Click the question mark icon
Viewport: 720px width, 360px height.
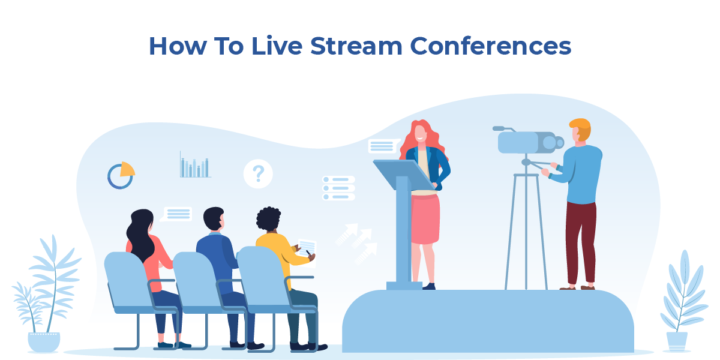point(258,174)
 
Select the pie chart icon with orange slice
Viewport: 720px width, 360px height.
point(121,176)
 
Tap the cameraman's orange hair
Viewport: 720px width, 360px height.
point(581,128)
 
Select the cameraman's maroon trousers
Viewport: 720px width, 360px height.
point(581,240)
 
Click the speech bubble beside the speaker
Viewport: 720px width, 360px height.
point(383,146)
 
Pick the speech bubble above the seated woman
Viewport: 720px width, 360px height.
point(178,214)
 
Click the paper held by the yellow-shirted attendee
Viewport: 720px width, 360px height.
point(307,245)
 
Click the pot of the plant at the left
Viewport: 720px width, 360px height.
point(44,341)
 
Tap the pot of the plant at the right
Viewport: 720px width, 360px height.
point(677,341)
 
